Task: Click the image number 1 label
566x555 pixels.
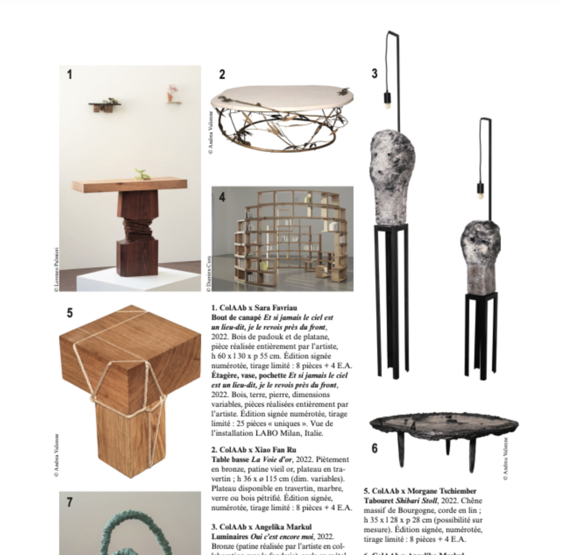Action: (69, 75)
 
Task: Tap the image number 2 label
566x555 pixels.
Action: (222, 75)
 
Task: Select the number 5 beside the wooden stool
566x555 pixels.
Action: (70, 313)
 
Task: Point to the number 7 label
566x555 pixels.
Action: (70, 502)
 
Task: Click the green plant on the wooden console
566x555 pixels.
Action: (142, 174)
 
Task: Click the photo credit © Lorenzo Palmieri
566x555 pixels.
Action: (56, 270)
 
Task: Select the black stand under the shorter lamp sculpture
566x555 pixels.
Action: (481, 333)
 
